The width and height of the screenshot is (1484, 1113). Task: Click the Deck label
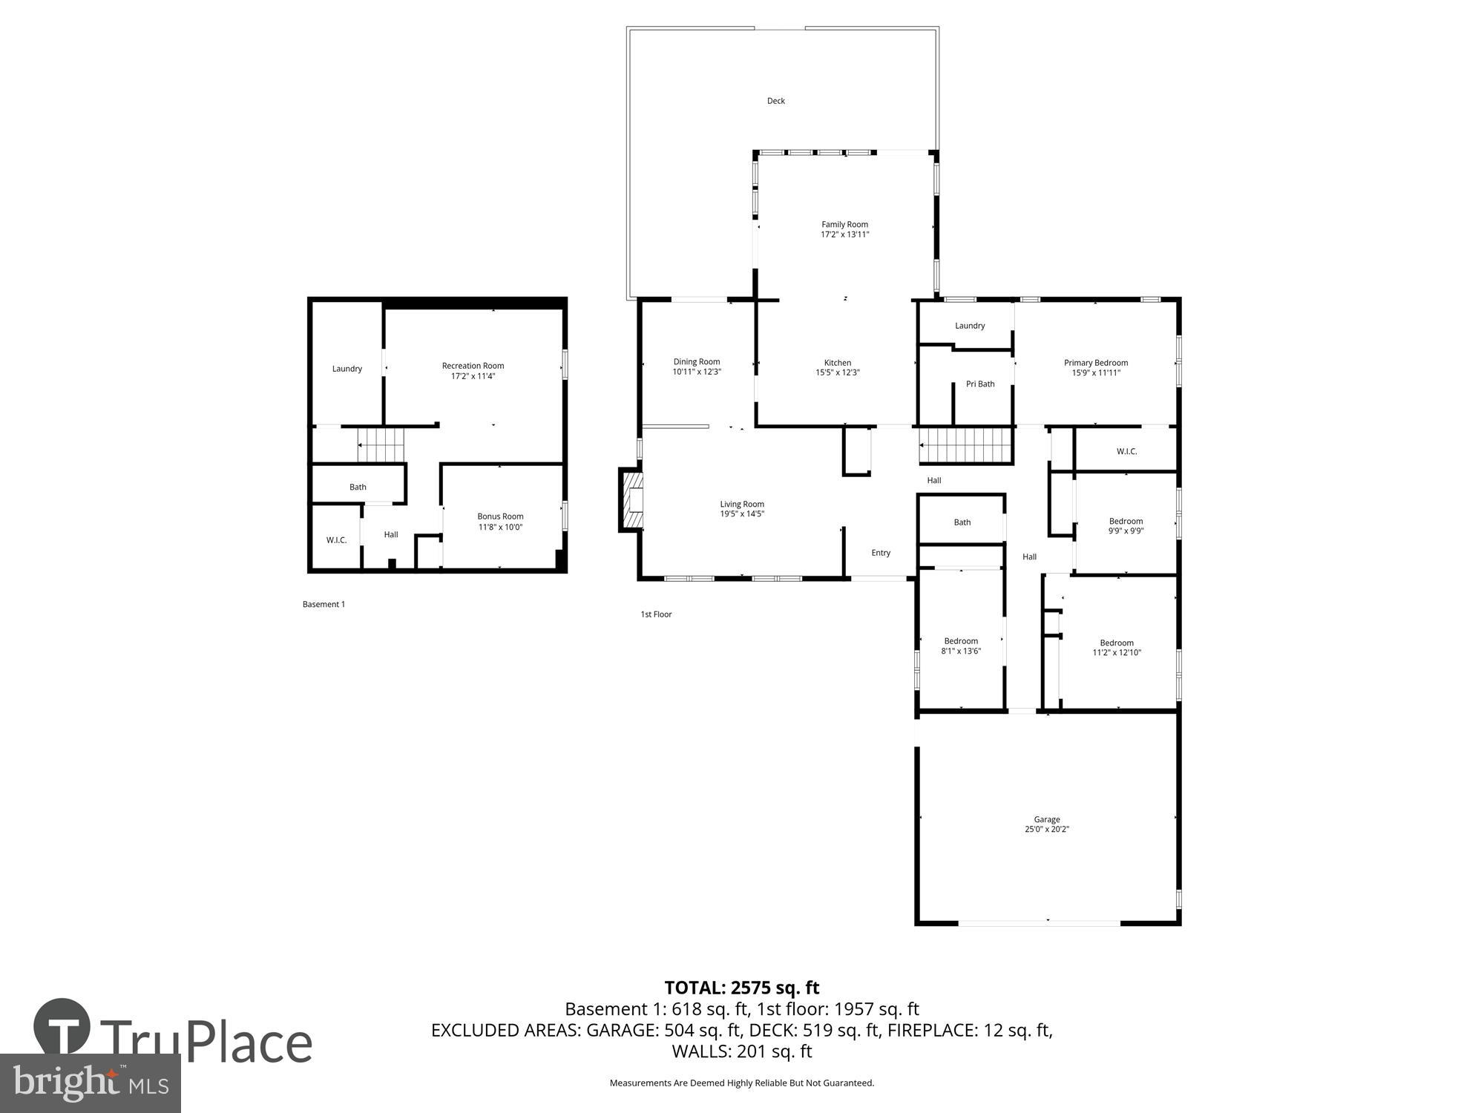[x=775, y=101]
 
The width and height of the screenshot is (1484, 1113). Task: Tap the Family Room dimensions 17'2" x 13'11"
[x=844, y=234]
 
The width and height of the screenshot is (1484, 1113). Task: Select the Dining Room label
[x=696, y=362]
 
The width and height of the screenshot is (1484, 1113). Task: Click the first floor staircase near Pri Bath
[x=965, y=445]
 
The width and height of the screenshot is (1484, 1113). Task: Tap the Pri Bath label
[x=979, y=384]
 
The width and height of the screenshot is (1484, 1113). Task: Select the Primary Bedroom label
[x=1095, y=363]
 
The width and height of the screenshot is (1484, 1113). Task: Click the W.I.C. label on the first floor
[x=1126, y=451]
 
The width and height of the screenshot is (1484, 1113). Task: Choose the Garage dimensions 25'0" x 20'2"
[x=1046, y=830]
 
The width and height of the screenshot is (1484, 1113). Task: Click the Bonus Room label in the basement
[x=500, y=516]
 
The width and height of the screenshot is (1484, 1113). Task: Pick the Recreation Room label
[x=473, y=366]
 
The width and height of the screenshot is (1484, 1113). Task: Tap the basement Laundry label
[x=347, y=369]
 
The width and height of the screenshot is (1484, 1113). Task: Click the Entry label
[x=881, y=553]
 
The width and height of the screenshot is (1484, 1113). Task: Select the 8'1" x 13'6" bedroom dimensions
[x=961, y=651]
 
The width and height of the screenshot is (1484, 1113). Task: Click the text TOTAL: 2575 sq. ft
[x=741, y=988]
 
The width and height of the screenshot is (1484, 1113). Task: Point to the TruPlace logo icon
[x=62, y=1028]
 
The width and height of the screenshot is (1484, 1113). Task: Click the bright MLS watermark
[x=90, y=1083]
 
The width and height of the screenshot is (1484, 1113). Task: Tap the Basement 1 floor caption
[x=324, y=605]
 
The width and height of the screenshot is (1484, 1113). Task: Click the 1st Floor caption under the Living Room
[x=656, y=614]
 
